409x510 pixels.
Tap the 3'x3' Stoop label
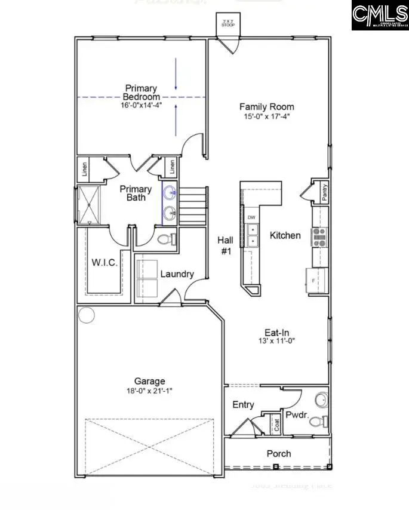coord(227,24)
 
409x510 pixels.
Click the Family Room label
coord(266,107)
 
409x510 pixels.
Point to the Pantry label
coord(324,192)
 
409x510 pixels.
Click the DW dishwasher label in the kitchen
coord(251,217)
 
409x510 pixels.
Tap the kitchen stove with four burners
coord(319,237)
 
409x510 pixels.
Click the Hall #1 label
coord(226,245)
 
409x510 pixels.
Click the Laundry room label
coord(177,274)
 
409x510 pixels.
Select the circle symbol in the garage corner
coord(87,315)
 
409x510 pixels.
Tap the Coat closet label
coord(276,425)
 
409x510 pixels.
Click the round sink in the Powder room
coord(321,398)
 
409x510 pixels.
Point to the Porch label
coord(278,453)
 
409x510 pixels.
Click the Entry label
coord(243,405)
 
